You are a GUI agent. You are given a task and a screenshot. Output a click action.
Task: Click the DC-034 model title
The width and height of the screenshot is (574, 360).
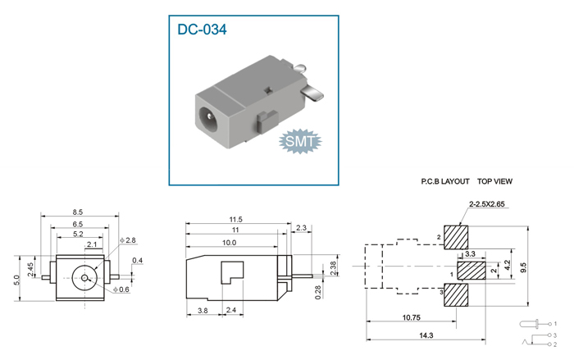tap(202, 30)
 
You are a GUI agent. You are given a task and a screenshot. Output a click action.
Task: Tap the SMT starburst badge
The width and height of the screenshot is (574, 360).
tap(300, 141)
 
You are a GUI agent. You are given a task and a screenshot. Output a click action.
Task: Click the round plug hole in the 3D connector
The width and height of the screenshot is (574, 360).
tap(209, 117)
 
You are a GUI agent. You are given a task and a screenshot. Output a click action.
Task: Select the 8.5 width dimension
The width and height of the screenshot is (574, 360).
tap(78, 212)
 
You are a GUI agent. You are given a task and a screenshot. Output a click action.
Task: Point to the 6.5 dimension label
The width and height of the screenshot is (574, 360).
tap(78, 224)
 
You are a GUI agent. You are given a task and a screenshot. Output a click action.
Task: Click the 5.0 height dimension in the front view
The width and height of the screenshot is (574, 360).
tap(17, 280)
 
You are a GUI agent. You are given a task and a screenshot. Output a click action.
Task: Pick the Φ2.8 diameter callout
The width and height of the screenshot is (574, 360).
tap(128, 240)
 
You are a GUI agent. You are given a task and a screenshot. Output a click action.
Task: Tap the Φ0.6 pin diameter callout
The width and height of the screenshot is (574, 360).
tap(121, 289)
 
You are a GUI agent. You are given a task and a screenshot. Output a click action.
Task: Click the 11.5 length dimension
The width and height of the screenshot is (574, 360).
tap(236, 220)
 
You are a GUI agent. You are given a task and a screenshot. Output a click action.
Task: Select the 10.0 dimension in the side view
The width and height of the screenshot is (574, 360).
tap(229, 243)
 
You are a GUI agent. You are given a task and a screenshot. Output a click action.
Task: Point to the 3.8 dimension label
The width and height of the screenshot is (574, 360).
tap(203, 311)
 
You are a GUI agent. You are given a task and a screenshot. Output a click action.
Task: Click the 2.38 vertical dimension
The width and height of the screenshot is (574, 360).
tap(333, 268)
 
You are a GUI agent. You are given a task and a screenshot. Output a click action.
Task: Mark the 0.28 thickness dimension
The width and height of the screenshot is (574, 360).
tap(318, 292)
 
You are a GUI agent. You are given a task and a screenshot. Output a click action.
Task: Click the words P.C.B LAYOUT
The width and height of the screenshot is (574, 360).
tap(445, 181)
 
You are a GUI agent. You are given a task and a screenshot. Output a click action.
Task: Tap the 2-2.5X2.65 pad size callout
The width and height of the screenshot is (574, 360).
tap(486, 204)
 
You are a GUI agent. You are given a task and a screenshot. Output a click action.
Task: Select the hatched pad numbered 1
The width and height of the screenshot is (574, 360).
tap(471, 271)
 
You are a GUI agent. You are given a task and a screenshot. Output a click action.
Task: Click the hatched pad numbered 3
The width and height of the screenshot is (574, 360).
tap(456, 295)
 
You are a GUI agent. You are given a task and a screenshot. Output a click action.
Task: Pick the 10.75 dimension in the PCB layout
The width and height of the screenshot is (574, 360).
tap(411, 317)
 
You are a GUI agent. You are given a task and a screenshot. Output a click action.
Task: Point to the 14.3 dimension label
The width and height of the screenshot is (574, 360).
tap(426, 335)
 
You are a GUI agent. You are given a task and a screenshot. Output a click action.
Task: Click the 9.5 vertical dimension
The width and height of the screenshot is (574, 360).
tap(524, 267)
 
